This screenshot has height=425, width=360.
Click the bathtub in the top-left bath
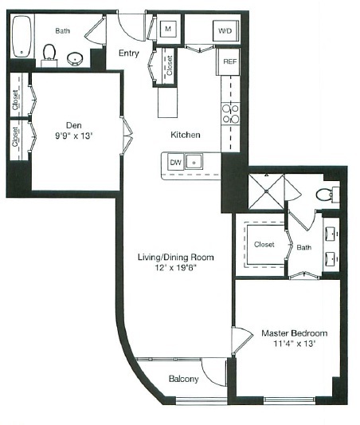(x=22, y=37)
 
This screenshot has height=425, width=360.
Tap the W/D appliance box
(x=225, y=31)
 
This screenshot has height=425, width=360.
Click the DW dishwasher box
(x=175, y=162)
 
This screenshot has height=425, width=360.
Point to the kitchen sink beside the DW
(x=194, y=162)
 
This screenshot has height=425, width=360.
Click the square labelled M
(x=168, y=29)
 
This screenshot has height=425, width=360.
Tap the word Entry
(x=129, y=53)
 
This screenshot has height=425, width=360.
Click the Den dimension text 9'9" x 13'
(x=74, y=136)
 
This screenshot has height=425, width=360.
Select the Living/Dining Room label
(x=176, y=257)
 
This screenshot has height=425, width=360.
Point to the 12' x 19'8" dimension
(x=176, y=268)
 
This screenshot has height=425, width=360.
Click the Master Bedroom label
(x=295, y=333)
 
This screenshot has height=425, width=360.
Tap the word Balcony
(x=184, y=379)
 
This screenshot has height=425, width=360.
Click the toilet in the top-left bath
(x=49, y=53)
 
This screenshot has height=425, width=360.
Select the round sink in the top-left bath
(x=75, y=59)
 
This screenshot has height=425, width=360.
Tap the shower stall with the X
(x=266, y=191)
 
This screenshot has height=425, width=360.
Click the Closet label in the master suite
(x=264, y=245)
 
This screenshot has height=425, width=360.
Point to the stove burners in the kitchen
(x=231, y=114)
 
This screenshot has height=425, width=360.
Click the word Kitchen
(x=186, y=135)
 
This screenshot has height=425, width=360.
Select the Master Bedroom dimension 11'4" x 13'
(x=295, y=344)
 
